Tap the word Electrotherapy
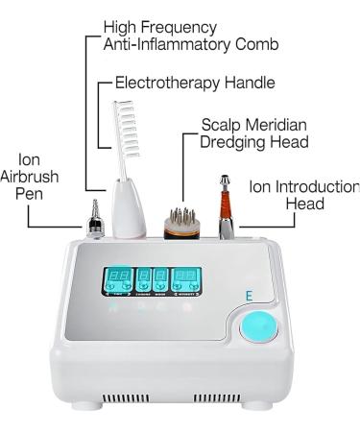173,84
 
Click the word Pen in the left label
33,197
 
